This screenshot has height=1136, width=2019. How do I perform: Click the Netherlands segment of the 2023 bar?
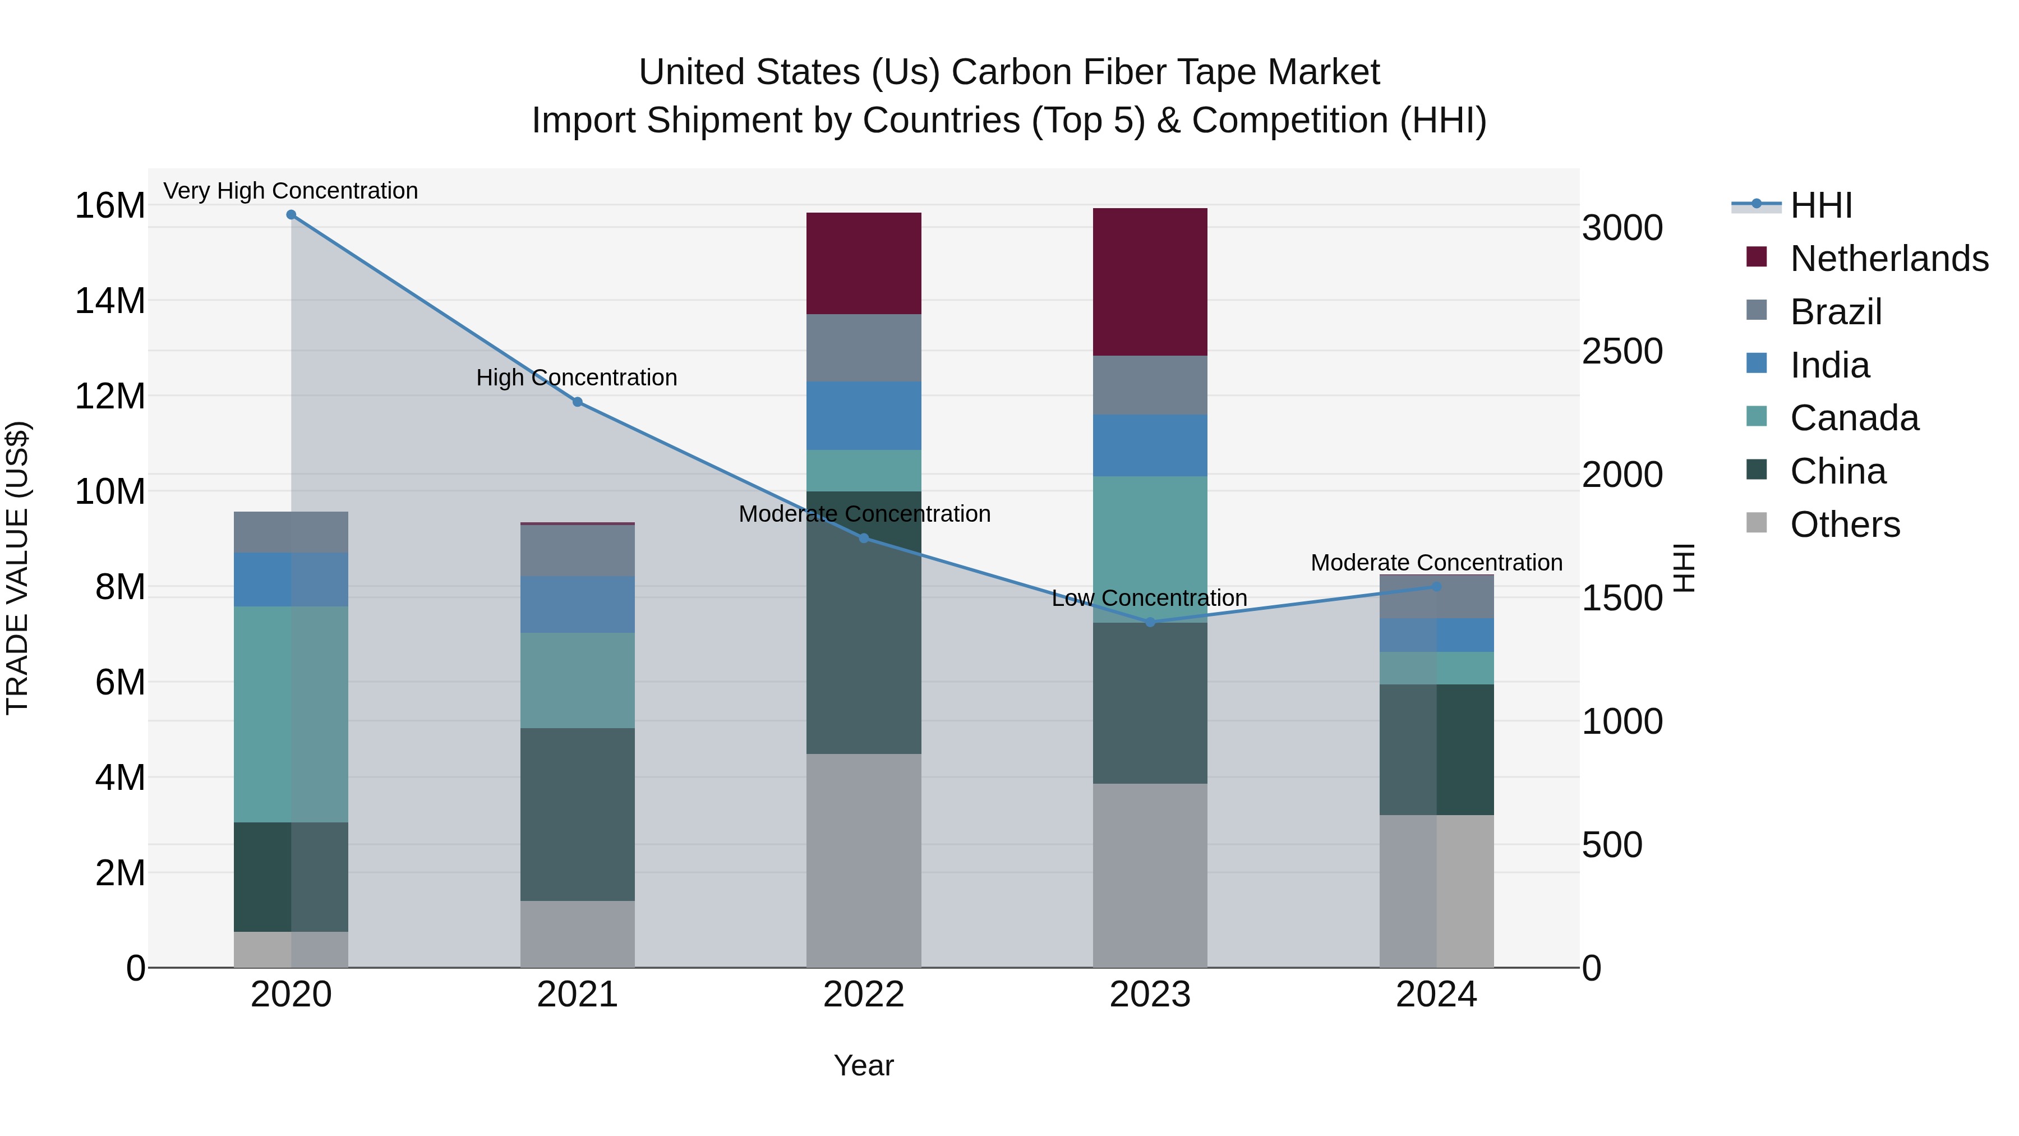coord(1150,282)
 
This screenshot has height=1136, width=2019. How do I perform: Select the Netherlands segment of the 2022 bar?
coord(864,264)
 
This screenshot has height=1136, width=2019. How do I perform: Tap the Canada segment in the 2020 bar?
coord(291,714)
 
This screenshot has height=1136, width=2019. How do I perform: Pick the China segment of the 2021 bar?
coord(578,815)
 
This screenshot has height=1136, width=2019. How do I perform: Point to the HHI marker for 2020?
coord(291,215)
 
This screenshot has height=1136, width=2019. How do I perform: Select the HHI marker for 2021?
coord(578,402)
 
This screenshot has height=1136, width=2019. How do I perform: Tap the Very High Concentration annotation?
coord(291,191)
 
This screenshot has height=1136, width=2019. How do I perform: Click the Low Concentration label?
coord(1149,598)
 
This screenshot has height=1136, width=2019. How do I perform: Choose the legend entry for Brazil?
coord(1836,312)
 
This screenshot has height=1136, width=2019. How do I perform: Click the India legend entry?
coord(1829,365)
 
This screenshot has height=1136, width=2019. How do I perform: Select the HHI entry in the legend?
coord(1820,205)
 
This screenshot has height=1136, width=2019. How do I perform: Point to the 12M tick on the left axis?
coord(110,397)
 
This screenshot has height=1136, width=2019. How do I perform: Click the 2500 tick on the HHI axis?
coord(1621,352)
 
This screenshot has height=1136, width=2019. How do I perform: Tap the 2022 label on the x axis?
coord(864,995)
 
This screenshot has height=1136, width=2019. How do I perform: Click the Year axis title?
coord(864,1065)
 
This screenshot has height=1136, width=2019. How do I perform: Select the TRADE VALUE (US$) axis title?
coord(18,568)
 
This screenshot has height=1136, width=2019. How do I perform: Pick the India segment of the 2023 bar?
coord(1150,445)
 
